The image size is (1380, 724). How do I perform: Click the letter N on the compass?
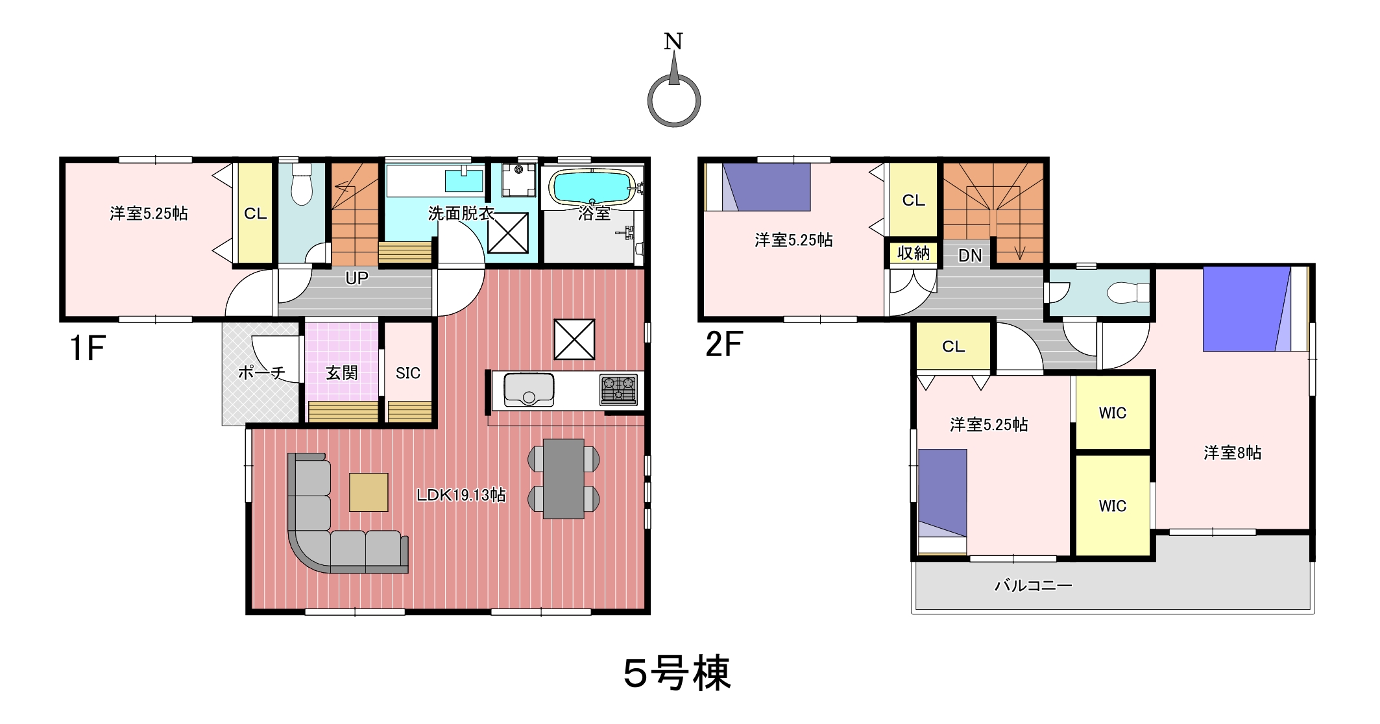pos(673,42)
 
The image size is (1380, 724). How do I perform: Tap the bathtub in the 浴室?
pos(592,187)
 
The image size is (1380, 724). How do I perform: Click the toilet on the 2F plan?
pos(1128,293)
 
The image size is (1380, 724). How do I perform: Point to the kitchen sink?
pos(529,390)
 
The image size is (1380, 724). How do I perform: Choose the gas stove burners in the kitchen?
pos(618,390)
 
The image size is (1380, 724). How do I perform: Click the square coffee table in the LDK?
pos(369,492)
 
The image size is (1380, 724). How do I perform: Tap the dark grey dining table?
pos(564,479)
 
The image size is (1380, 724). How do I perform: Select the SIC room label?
pos(408,373)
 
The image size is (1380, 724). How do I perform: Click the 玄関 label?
pos(341,373)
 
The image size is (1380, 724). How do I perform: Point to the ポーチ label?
pos(261,372)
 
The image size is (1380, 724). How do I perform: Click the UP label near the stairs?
pos(357,278)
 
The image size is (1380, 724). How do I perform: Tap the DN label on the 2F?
pos(970,256)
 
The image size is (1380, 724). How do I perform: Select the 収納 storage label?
pos(914,253)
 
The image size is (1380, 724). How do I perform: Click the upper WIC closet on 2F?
pos(1113,413)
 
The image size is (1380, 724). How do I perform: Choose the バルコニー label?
pos(1034,586)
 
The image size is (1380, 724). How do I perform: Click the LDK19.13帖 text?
pos(461,495)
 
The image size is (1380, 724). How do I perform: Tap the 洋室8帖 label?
pos(1233,452)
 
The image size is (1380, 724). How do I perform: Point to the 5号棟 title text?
pos(677,673)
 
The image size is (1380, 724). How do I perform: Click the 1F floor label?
pos(88,348)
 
